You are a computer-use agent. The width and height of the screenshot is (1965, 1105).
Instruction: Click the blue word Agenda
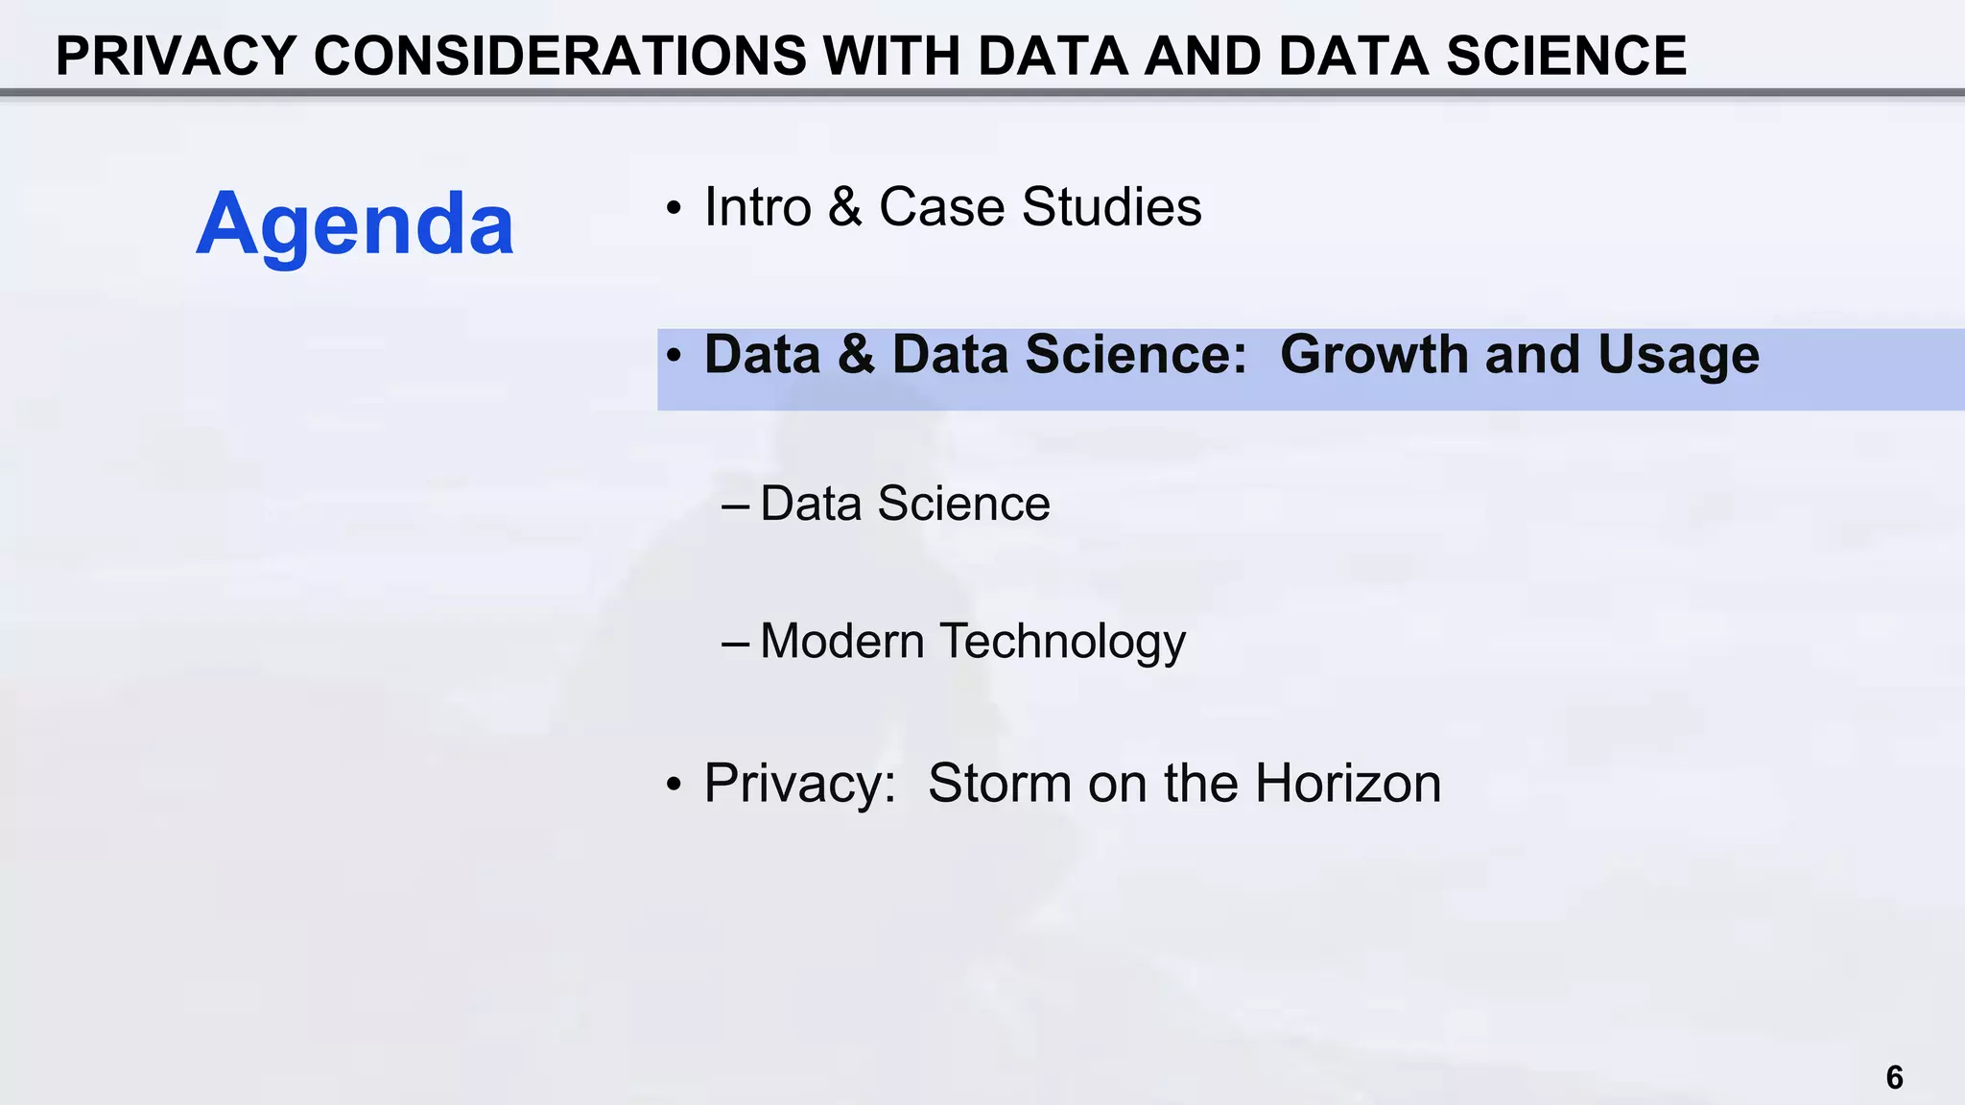coord(355,224)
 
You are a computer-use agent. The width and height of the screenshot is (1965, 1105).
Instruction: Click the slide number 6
coord(1894,1077)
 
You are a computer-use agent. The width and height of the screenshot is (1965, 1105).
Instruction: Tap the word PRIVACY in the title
coord(176,56)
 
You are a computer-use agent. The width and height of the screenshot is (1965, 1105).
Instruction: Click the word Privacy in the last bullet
coord(799,783)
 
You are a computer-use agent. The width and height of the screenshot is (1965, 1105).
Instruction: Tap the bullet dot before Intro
coord(675,209)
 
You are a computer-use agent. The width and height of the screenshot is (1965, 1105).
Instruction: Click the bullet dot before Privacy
coord(675,786)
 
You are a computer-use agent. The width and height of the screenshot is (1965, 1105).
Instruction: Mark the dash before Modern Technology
coord(735,643)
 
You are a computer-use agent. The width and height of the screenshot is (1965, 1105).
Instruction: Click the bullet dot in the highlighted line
coord(675,357)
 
